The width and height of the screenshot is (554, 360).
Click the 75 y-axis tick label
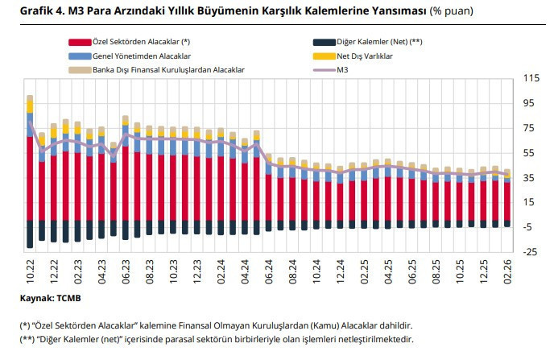click(531, 128)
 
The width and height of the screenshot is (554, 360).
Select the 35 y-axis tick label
click(531, 178)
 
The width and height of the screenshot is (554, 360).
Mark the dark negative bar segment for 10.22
click(30, 234)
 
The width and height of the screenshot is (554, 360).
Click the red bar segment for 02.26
click(507, 201)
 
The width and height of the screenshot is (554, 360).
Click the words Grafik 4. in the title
click(36, 12)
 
